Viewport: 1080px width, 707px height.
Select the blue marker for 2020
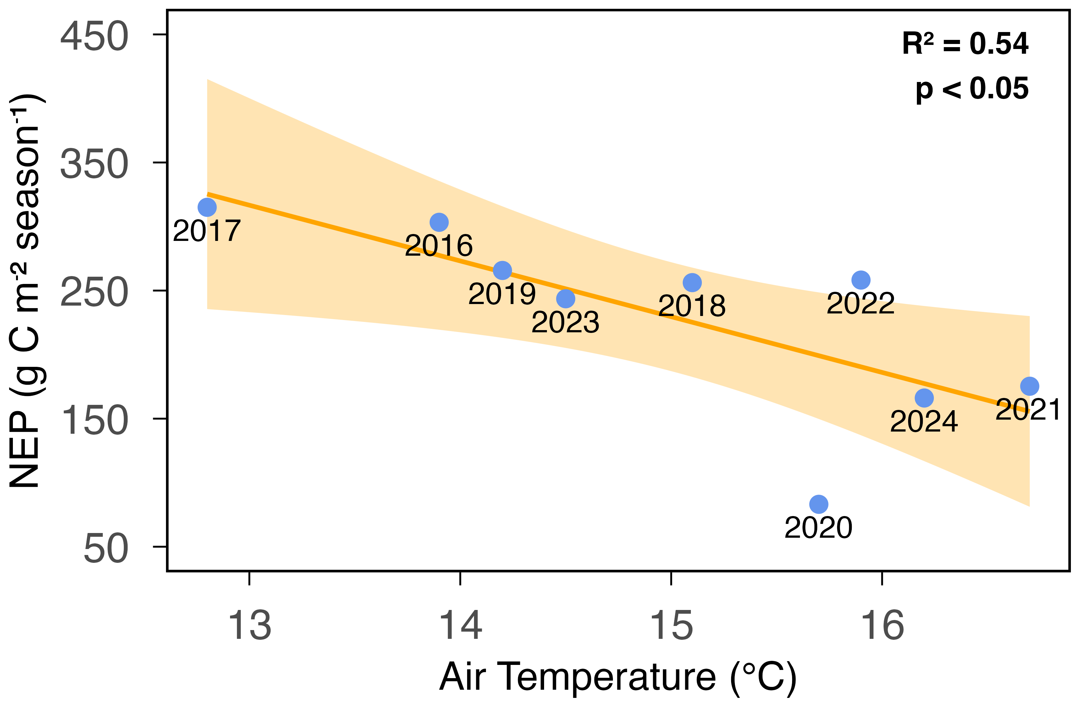point(818,504)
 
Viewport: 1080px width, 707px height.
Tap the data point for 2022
point(861,280)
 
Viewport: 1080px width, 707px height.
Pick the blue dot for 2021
point(1030,386)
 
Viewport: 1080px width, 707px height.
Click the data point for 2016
point(439,222)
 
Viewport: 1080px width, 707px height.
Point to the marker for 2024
point(924,398)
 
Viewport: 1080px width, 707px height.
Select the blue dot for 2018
point(692,283)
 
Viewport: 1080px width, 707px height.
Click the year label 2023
point(565,323)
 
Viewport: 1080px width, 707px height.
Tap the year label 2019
point(502,294)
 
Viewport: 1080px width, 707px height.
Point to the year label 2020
point(818,528)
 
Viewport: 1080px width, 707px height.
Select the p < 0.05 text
point(972,89)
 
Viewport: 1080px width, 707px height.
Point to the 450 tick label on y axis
point(94,36)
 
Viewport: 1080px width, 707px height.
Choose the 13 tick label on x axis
point(250,626)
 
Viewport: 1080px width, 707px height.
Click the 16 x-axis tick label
point(882,626)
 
